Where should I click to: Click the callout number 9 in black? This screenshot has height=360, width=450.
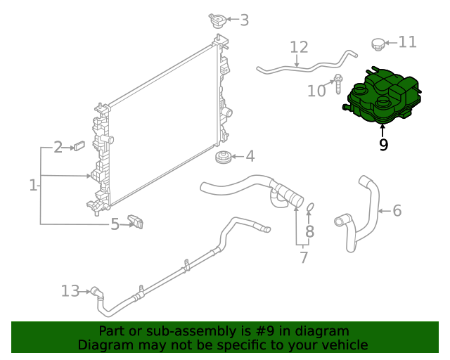click(383, 145)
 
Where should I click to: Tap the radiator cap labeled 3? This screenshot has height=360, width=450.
click(217, 20)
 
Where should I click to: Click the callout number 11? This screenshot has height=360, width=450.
click(408, 42)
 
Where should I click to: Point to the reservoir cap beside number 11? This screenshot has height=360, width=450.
click(378, 44)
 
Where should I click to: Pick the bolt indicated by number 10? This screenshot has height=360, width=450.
click(338, 84)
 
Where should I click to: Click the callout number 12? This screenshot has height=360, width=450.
click(299, 47)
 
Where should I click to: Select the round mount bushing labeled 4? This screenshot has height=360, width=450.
click(223, 157)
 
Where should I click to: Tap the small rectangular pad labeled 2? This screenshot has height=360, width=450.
click(79, 146)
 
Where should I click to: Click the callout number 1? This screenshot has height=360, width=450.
click(33, 185)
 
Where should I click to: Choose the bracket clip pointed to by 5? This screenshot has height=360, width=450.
click(136, 221)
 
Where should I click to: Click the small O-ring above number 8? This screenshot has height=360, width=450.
click(310, 207)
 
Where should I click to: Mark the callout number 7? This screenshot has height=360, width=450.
click(304, 257)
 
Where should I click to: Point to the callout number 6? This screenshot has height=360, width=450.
click(397, 210)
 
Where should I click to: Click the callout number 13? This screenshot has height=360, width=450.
click(70, 291)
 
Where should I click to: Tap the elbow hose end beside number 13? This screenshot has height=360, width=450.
click(97, 293)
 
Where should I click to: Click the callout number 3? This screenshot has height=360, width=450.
click(244, 20)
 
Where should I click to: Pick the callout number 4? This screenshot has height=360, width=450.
click(250, 157)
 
